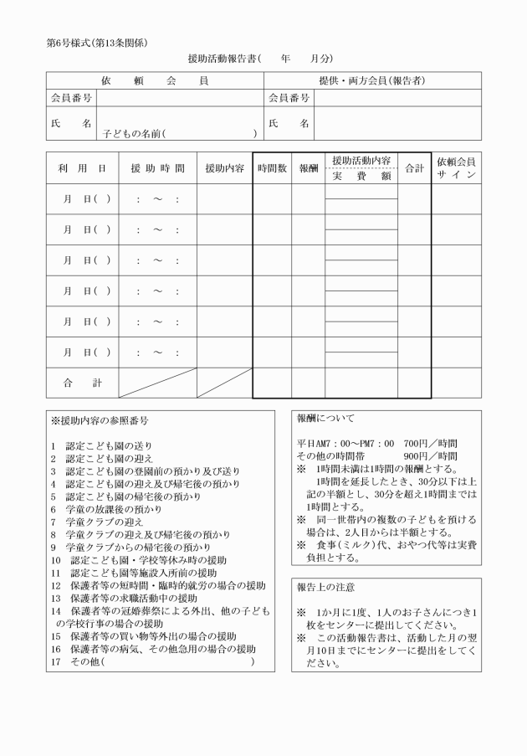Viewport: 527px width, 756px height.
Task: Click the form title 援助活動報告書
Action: coord(223,59)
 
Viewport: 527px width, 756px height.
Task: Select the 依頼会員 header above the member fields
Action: coord(155,80)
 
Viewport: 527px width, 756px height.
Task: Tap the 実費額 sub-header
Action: coord(361,176)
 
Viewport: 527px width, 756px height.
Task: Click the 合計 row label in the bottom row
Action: coord(82,382)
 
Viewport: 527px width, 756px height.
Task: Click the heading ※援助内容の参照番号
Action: coord(100,419)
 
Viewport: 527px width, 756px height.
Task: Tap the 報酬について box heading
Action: coord(325,418)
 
